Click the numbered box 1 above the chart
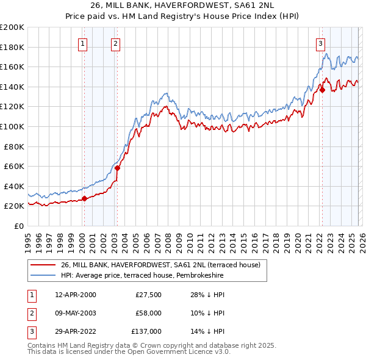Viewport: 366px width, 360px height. pos(82,43)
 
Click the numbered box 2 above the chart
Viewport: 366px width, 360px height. pos(115,43)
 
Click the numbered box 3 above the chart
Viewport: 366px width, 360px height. pos(320,43)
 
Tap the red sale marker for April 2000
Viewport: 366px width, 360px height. pos(84,198)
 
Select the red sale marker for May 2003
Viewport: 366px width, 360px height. pos(117,168)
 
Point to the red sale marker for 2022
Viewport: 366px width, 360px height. pos(322,90)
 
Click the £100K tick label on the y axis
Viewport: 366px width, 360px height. pos(12,126)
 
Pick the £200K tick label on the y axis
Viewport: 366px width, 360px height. pos(12,27)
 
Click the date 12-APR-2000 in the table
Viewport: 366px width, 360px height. pos(76,295)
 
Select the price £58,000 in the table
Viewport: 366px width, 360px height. pos(149,313)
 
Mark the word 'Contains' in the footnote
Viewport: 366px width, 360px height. pos(41,345)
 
